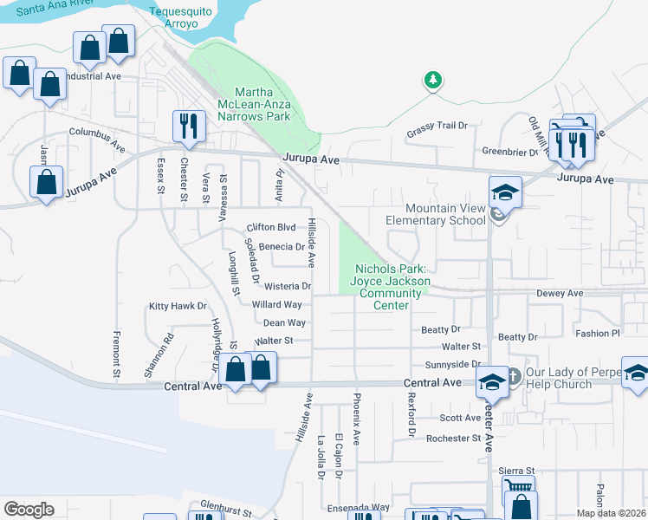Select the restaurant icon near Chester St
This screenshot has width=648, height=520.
(x=187, y=127)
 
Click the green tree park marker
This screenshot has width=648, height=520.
(x=432, y=81)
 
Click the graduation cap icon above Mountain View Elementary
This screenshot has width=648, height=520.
(x=505, y=191)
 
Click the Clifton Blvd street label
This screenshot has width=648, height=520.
(x=271, y=227)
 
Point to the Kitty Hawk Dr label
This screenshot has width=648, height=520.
(x=178, y=306)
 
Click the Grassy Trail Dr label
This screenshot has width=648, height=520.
(x=437, y=126)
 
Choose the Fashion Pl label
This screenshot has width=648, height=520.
(x=598, y=333)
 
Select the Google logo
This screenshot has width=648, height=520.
(x=29, y=510)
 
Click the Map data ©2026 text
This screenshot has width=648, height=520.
(x=611, y=513)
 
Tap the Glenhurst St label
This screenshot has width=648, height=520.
(x=224, y=503)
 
